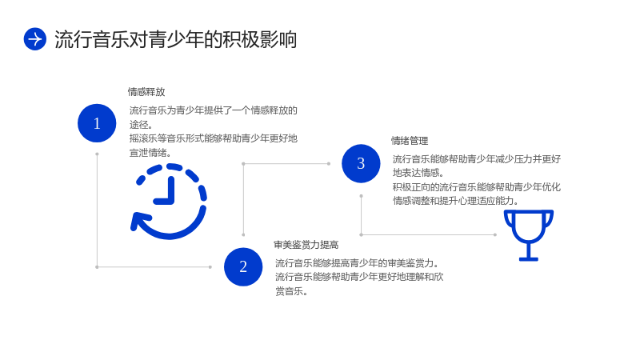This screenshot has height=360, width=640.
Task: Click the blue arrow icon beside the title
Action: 35,39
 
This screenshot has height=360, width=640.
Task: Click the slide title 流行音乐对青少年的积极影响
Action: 175,39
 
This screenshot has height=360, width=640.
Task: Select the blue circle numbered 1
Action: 97,123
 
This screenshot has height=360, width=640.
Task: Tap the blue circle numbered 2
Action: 243,266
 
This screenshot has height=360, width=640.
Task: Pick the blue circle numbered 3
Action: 361,163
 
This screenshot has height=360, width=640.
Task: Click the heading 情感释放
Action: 146,92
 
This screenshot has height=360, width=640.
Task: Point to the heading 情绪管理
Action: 410,141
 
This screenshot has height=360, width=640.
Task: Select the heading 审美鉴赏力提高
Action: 306,245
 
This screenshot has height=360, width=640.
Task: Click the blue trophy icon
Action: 529,235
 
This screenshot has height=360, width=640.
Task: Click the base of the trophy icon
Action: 529,258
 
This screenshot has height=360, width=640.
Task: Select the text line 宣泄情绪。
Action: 150,153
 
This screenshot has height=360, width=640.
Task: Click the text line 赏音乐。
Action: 291,291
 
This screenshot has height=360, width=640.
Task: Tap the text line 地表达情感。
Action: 418,173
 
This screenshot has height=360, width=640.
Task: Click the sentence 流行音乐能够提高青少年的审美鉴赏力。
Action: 357,263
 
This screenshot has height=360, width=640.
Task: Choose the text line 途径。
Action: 142,125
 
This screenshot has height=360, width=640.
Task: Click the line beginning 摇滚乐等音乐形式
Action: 214,138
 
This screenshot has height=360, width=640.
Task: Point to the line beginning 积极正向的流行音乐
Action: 477,187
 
